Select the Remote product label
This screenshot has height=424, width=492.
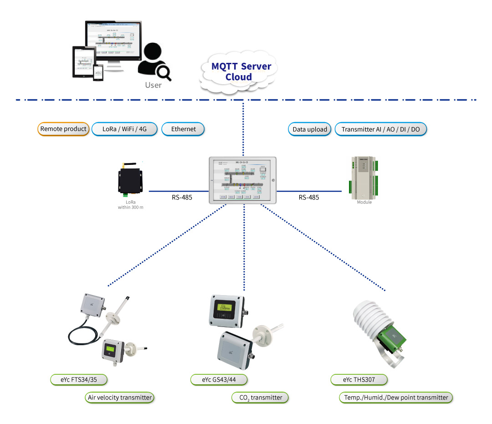coord(63,129)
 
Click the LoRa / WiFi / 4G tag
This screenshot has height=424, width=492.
coord(124,129)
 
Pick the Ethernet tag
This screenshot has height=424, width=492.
coord(183,129)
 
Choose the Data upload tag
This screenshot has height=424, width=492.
coord(310,129)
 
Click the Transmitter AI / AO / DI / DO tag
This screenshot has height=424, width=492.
coord(381,129)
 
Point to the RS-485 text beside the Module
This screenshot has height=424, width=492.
coord(309,198)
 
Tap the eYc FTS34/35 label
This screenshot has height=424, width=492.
coord(80,379)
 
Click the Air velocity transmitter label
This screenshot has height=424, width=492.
coord(119,398)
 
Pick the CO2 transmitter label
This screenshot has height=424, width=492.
coord(260,398)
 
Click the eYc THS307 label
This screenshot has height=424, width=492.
coord(359,379)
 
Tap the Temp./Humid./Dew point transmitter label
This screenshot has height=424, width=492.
coord(395,398)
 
